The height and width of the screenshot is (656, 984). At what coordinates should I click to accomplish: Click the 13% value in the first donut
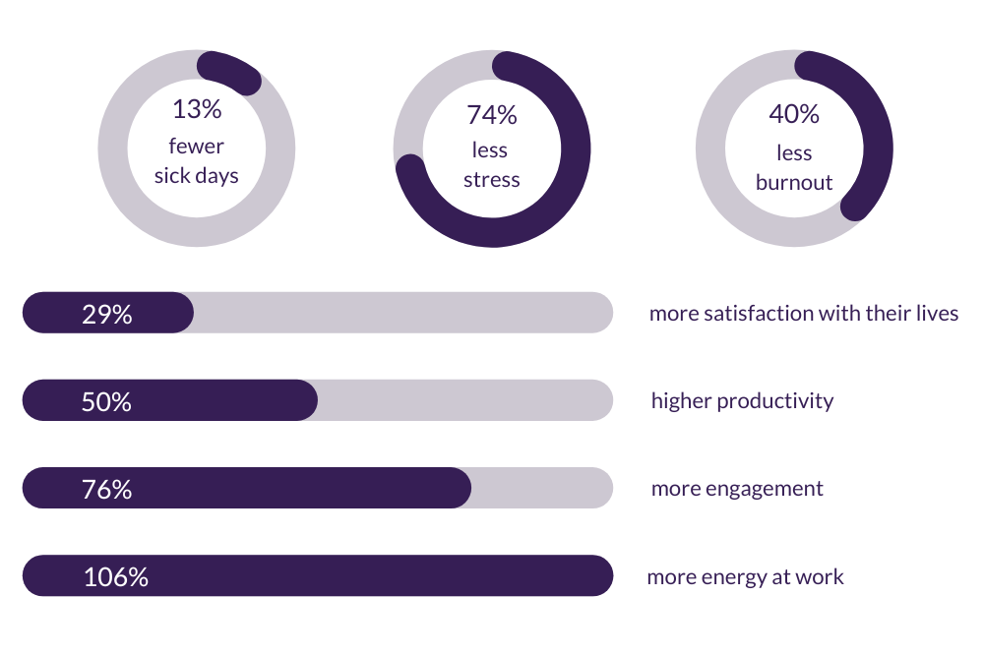(x=197, y=109)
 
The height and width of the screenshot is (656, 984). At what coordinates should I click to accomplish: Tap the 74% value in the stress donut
(x=491, y=115)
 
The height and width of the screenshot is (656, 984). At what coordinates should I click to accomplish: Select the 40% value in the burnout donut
(x=793, y=114)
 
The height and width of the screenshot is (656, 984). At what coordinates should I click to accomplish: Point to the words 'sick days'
(x=197, y=176)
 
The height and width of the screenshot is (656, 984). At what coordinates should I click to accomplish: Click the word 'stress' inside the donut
(x=491, y=180)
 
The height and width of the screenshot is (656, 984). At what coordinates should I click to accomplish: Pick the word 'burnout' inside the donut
(x=793, y=182)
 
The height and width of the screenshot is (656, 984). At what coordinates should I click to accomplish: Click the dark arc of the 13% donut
(x=232, y=72)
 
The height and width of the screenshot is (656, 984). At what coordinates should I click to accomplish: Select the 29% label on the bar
(x=107, y=314)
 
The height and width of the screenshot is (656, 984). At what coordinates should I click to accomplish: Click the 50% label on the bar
(x=107, y=401)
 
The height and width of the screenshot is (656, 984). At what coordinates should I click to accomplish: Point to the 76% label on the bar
(x=107, y=489)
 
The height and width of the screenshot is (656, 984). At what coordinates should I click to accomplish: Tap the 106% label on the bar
(x=116, y=576)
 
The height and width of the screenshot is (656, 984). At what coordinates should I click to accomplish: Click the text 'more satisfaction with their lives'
(x=803, y=314)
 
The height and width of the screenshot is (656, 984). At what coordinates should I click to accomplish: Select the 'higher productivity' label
(x=742, y=401)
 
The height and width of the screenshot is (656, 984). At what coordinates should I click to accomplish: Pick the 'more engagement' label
(x=737, y=489)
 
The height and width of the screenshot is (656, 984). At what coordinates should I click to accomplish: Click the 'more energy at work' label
(x=745, y=576)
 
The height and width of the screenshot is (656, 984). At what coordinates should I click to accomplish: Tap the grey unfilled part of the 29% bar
(x=403, y=313)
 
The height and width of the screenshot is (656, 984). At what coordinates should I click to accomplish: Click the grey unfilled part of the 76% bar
(x=541, y=488)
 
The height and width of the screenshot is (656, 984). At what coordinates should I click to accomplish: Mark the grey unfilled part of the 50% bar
(x=462, y=400)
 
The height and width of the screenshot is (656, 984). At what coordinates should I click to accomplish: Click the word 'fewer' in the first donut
(x=197, y=147)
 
